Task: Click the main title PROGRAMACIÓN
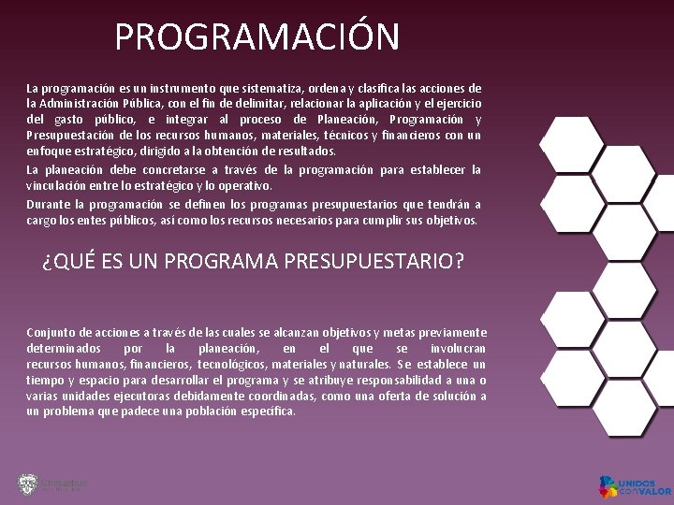click(x=256, y=37)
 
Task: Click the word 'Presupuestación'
click(x=68, y=135)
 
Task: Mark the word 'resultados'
click(x=302, y=151)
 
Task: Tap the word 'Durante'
click(x=48, y=205)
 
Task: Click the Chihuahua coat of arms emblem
click(x=27, y=483)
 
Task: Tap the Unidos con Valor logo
click(x=635, y=486)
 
